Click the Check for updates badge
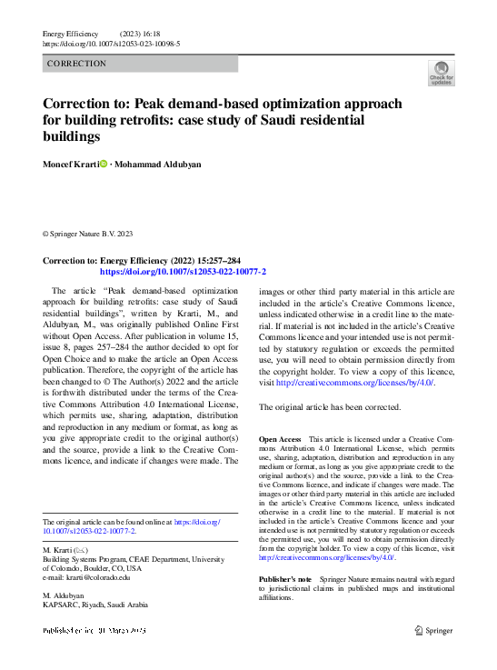tap(440, 72)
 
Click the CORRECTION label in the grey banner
tap(76, 64)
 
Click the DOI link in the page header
tap(111, 43)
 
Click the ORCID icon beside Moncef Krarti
tap(103, 165)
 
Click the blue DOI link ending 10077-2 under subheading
tap(183, 271)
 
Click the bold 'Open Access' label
tap(281, 439)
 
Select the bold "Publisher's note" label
tap(285, 578)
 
